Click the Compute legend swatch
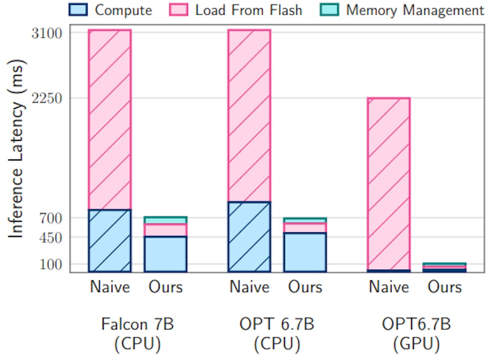point(78,10)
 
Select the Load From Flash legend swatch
point(179,10)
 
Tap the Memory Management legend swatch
point(329,10)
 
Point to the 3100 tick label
point(47,34)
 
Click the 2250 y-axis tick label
point(47,99)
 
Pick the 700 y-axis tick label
point(51,218)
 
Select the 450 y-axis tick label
point(51,238)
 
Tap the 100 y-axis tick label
point(51,265)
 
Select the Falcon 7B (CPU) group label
point(137,334)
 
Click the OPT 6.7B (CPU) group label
point(277,334)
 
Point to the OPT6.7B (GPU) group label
point(416,334)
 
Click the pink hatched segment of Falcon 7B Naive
point(110,120)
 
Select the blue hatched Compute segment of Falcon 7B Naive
point(110,241)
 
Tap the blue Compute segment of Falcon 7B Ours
point(166,254)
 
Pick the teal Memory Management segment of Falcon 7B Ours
point(166,220)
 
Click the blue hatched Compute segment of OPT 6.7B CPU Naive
point(249,237)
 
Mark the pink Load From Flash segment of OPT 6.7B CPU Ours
point(305,228)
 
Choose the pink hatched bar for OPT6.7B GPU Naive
point(389,184)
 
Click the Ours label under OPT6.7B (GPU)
point(444,287)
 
